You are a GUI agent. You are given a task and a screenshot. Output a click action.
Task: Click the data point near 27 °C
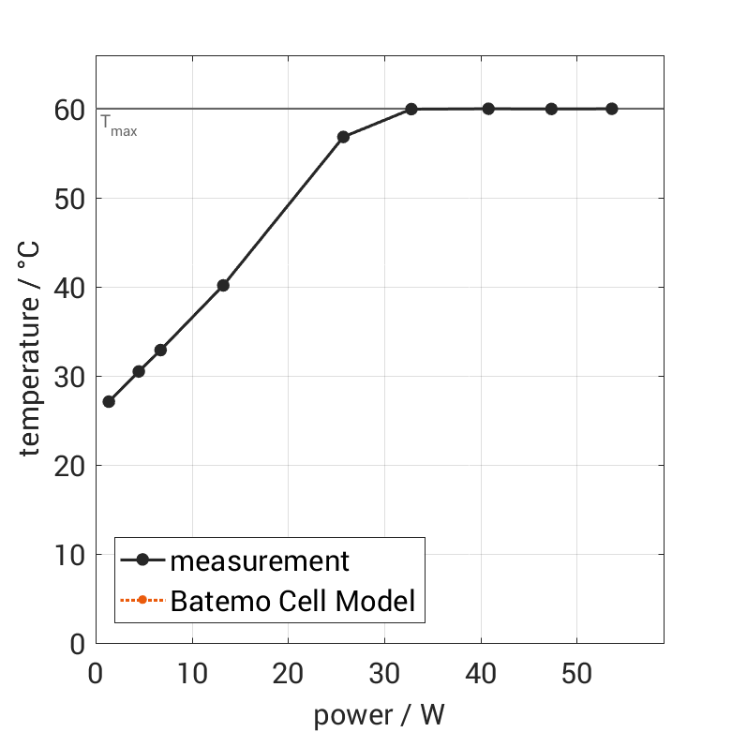pyautogui.click(x=109, y=401)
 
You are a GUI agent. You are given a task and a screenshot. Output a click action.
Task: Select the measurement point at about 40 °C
pyautogui.click(x=223, y=285)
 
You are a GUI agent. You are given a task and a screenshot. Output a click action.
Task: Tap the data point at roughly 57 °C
pyautogui.click(x=343, y=137)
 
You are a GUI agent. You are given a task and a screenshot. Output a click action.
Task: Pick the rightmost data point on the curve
pyautogui.click(x=612, y=109)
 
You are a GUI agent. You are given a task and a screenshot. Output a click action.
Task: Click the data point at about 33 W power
pyautogui.click(x=411, y=109)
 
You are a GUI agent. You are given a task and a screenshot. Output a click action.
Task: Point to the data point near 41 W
pyautogui.click(x=488, y=109)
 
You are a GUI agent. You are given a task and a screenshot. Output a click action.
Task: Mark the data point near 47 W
pyautogui.click(x=551, y=109)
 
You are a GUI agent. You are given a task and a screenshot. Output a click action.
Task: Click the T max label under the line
pyautogui.click(x=119, y=126)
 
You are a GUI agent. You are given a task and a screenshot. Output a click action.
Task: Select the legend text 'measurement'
pyautogui.click(x=260, y=561)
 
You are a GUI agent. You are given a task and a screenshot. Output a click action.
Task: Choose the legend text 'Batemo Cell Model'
pyautogui.click(x=292, y=600)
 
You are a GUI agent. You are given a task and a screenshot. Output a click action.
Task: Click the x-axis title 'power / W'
pyautogui.click(x=379, y=716)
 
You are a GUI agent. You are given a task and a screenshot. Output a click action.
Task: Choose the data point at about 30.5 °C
pyautogui.click(x=139, y=371)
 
